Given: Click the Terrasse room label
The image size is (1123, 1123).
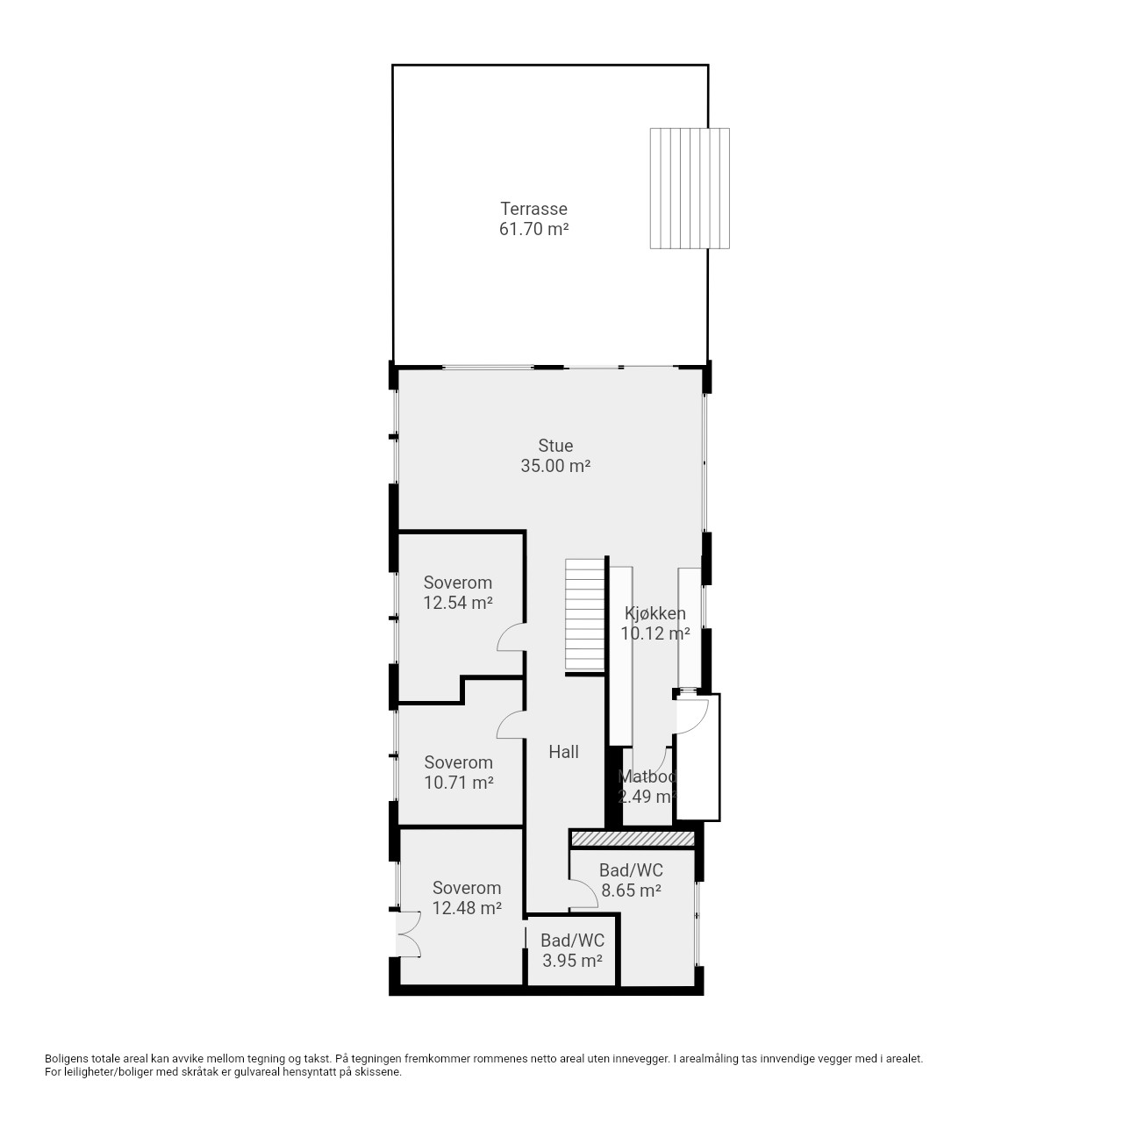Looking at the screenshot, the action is [x=533, y=208].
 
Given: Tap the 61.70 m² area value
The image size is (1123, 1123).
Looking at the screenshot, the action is [x=533, y=228].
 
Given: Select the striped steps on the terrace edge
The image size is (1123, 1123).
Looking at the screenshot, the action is [x=690, y=189].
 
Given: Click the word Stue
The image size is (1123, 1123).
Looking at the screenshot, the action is [x=554, y=445].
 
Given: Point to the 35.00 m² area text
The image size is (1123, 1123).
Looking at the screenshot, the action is [x=554, y=466].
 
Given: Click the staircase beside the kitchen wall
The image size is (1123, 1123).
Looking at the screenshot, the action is [x=584, y=615].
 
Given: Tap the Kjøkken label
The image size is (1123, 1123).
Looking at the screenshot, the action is [x=655, y=613].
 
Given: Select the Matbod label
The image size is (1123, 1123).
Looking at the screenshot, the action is [x=647, y=776].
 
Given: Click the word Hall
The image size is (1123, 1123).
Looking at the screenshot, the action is [x=563, y=752].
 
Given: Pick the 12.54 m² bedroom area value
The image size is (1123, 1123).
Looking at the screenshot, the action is [x=457, y=603].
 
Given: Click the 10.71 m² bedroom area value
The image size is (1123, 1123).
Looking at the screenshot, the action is [x=459, y=782].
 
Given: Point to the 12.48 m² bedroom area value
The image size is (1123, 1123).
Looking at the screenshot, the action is [x=467, y=907].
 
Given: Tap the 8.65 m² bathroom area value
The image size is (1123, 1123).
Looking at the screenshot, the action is [x=631, y=890].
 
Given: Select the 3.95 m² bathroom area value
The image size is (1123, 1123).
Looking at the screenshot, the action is [x=572, y=960].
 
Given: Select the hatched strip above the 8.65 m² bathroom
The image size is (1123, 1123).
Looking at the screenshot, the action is [x=633, y=839].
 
